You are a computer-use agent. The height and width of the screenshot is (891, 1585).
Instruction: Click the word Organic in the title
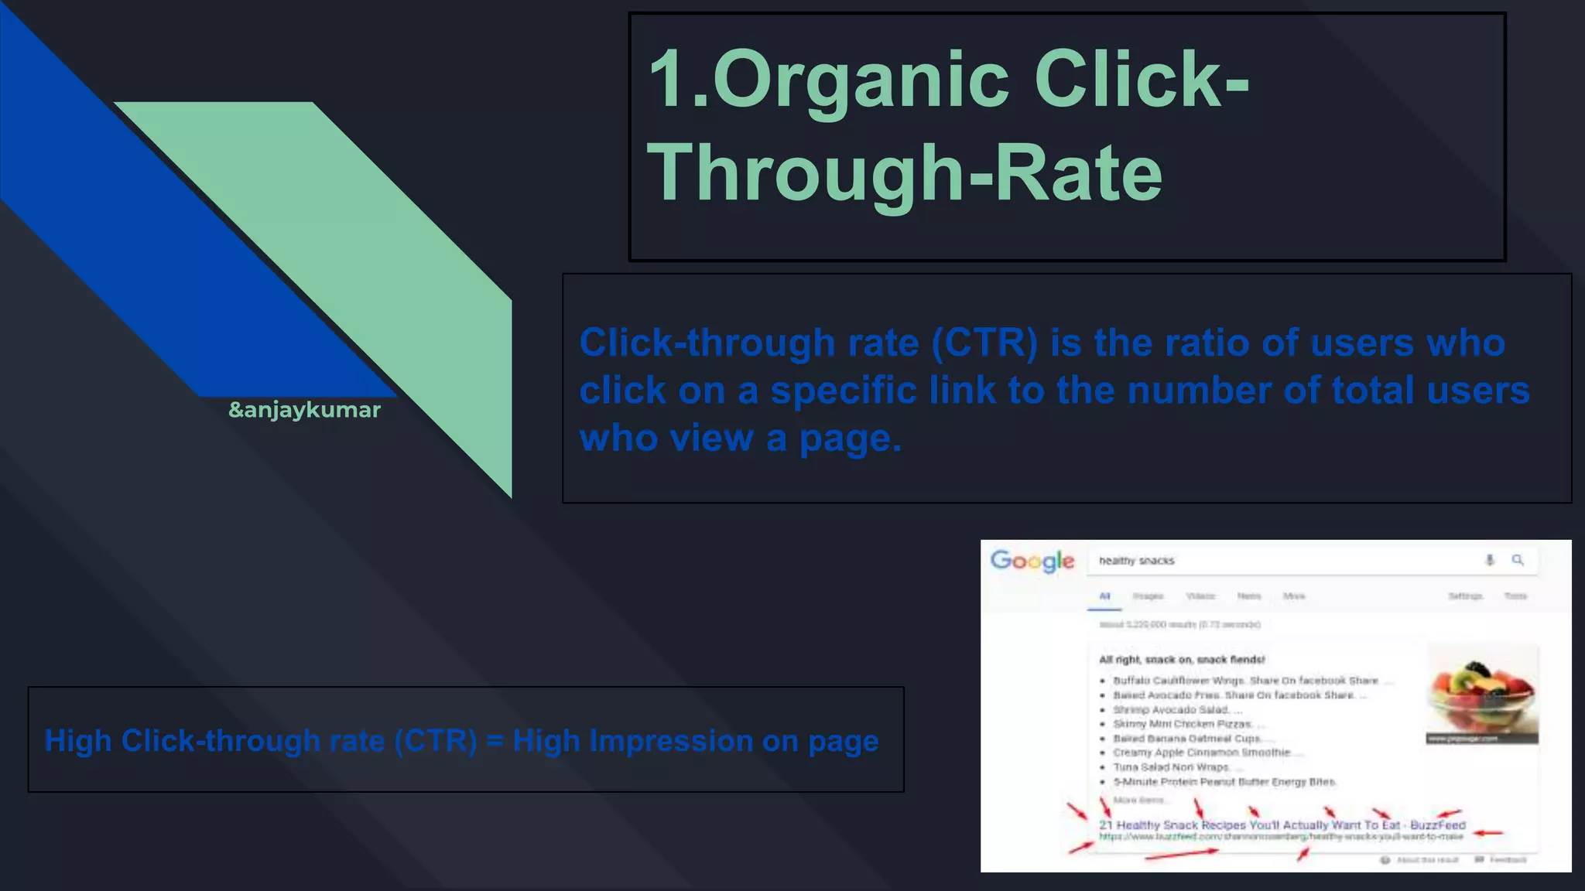861,80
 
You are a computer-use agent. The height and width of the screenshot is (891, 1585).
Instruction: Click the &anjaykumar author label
304,410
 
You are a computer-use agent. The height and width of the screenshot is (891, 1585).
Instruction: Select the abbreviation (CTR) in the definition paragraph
984,343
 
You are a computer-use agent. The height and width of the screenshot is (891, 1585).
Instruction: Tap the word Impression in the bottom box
670,741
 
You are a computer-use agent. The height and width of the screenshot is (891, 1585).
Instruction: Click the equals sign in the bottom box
495,741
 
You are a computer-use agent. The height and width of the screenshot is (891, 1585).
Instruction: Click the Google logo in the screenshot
1032,561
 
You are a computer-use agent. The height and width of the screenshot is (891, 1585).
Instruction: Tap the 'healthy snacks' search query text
1136,561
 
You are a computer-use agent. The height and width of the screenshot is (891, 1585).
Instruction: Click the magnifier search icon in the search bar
1518,560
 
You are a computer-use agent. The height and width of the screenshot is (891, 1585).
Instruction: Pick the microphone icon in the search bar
1490,560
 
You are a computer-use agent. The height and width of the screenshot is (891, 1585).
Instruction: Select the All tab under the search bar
1104,596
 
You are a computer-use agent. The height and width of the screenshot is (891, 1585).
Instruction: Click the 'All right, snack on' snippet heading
1181,660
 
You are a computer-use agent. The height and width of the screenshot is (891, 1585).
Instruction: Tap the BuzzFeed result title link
1282,825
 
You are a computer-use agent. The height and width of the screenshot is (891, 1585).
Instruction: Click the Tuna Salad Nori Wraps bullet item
1170,767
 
